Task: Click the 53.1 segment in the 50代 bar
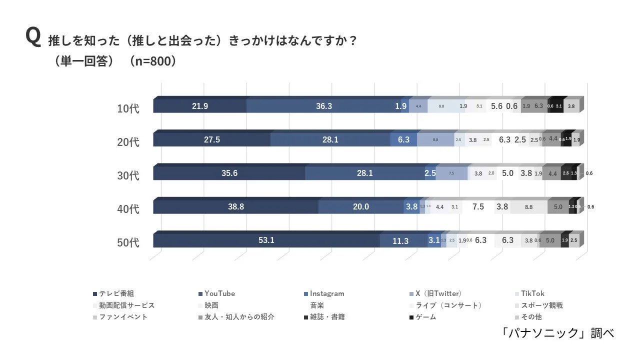coord(266,240)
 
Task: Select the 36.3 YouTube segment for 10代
coord(323,106)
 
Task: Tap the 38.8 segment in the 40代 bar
coord(235,207)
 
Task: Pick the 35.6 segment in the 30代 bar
coord(229,173)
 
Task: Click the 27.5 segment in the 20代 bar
coord(211,140)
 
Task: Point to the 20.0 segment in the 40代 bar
coord(360,207)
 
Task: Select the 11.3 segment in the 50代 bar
coord(400,241)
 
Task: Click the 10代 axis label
coord(128,108)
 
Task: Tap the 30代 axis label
coord(128,175)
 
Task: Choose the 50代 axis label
coord(128,243)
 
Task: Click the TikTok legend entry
coord(531,294)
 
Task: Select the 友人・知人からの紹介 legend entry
coord(239,317)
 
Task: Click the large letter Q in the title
coord(33,38)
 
